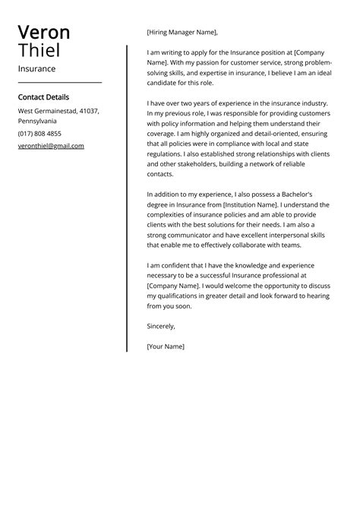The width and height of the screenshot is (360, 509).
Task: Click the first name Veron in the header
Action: click(44, 33)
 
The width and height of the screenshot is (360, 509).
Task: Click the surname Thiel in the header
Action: click(39, 52)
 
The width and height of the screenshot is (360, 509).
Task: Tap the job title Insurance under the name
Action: click(36, 69)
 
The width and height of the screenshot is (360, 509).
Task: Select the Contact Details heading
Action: click(43, 97)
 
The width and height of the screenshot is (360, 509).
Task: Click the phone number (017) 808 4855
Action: click(39, 134)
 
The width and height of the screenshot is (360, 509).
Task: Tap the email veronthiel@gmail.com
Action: click(51, 146)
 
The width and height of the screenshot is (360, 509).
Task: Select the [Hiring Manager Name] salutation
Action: click(182, 33)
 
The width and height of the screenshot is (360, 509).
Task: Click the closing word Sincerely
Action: click(161, 326)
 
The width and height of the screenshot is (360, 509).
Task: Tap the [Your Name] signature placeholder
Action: click(166, 346)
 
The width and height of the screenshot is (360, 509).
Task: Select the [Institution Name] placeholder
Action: click(251, 204)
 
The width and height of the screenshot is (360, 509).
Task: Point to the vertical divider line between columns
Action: click(127, 198)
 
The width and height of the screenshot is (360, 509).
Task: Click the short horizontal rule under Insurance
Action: click(59, 82)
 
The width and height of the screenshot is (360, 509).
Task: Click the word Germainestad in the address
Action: click(58, 111)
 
